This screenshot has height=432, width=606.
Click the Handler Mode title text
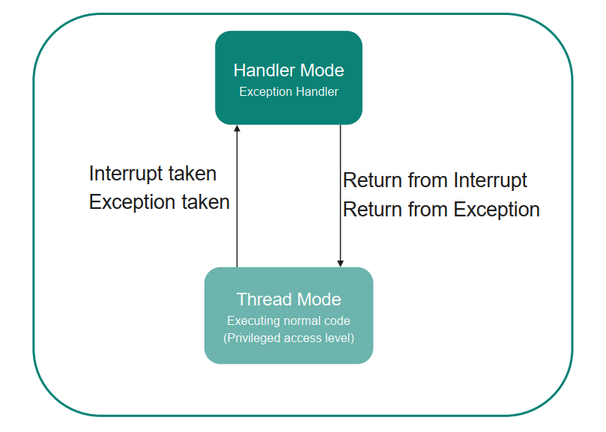[x=288, y=70]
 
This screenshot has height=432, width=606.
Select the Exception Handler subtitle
[x=288, y=92]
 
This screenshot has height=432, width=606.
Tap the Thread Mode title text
[x=288, y=299]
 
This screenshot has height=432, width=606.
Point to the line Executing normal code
[x=288, y=320]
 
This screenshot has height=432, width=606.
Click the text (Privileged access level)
[x=288, y=338]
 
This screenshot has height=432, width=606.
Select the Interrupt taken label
[x=153, y=174]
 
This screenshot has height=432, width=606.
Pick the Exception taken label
[x=160, y=202]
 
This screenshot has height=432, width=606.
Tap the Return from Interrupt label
[x=435, y=180]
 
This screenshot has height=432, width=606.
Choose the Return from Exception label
[x=441, y=209]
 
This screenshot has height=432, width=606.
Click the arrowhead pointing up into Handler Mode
[x=237, y=130]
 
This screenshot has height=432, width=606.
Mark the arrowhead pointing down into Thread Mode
[x=341, y=262]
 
